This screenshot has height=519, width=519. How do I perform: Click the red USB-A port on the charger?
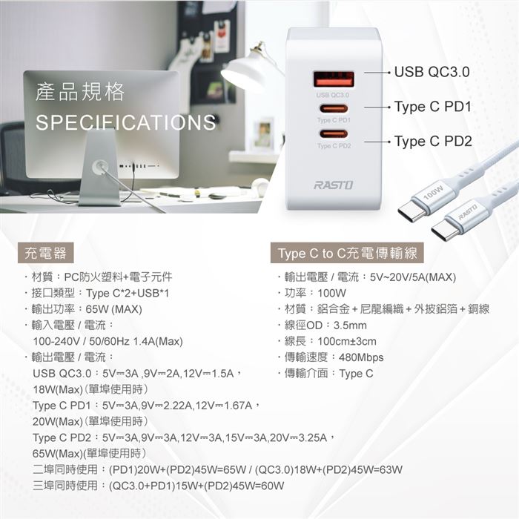(334, 80)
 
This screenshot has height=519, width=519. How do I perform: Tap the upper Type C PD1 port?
(334, 108)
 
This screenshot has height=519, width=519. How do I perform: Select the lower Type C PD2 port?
(334, 134)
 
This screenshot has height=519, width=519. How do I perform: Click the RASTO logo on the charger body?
(334, 185)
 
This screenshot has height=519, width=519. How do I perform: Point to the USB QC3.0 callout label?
(432, 72)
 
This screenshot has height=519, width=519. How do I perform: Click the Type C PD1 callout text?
(433, 107)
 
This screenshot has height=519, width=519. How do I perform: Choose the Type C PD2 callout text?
(433, 142)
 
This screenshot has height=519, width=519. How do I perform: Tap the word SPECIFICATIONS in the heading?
(126, 122)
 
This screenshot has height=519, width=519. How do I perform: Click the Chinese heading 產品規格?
(80, 92)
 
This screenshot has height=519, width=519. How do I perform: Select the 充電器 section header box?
(46, 254)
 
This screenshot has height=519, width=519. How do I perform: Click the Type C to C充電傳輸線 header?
(347, 254)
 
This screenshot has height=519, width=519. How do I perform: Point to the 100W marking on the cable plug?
(433, 192)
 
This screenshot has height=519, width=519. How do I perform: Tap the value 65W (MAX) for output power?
(114, 309)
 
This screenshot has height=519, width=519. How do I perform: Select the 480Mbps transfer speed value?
(361, 357)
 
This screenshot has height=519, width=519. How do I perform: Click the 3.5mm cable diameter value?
(350, 325)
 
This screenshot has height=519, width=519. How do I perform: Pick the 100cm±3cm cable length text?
(347, 341)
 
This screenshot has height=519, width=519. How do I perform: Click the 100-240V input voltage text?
(56, 341)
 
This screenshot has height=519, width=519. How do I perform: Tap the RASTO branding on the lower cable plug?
(468, 212)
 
